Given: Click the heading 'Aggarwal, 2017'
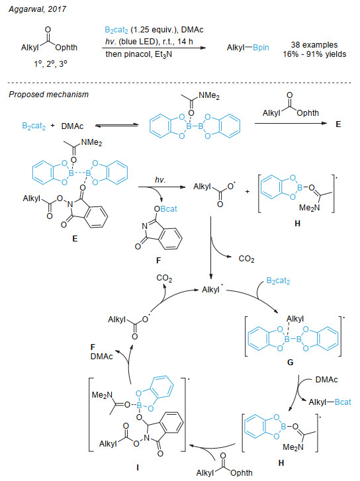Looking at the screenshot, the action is (x=37, y=9).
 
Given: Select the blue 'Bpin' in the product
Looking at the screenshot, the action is (x=261, y=48).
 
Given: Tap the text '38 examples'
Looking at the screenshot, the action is (x=314, y=45).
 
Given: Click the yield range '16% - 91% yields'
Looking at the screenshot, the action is (x=314, y=54).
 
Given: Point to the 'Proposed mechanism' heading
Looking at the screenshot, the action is (x=48, y=95).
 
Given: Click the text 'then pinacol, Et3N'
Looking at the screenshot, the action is (x=139, y=54).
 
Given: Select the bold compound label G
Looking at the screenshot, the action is (x=290, y=363).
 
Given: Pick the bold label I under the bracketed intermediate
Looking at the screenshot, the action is (x=138, y=468).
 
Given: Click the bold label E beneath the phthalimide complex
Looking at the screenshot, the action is (x=75, y=238).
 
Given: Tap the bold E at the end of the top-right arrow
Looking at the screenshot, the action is (x=338, y=124).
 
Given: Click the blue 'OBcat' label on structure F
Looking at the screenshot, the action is (x=165, y=209).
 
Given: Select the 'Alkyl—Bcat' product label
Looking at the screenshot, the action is (x=330, y=402).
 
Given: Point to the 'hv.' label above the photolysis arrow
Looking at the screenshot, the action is (x=160, y=180).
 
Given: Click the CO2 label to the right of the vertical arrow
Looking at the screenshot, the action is (x=246, y=259).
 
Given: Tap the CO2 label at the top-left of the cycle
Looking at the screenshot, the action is (x=164, y=279).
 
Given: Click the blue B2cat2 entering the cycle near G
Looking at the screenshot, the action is (x=278, y=281).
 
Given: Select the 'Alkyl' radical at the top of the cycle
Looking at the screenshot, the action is (x=212, y=290).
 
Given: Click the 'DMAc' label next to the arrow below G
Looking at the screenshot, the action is (x=326, y=380).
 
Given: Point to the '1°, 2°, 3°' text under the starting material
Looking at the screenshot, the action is (x=50, y=64).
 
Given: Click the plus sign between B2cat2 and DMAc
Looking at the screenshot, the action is (x=52, y=126).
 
